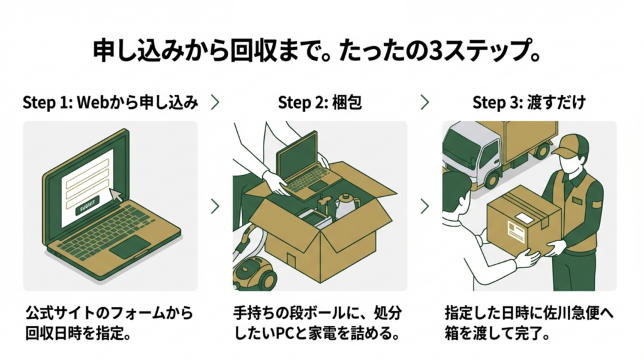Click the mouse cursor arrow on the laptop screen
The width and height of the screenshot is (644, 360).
click(x=114, y=194)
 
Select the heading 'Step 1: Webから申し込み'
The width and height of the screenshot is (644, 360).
click(x=110, y=103)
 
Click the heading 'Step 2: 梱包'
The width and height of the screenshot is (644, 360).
click(x=319, y=103)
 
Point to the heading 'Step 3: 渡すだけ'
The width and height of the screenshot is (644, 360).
click(x=529, y=103)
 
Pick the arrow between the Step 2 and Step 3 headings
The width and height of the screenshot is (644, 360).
click(x=425, y=103)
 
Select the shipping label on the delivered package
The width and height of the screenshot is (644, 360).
click(x=520, y=225)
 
